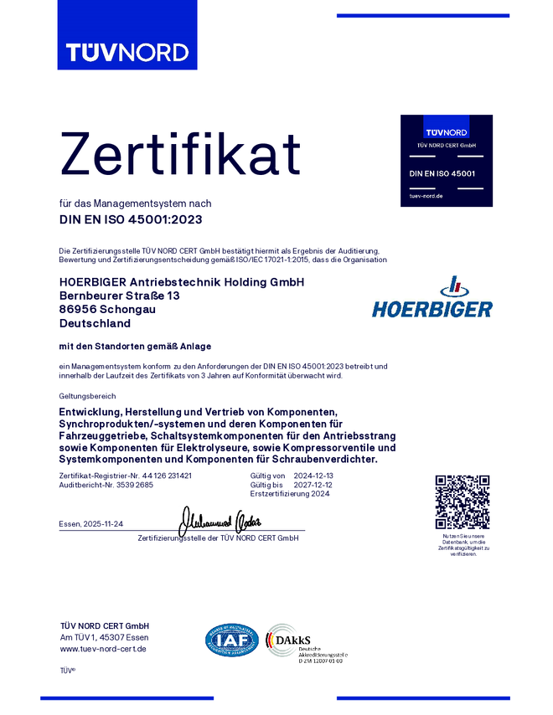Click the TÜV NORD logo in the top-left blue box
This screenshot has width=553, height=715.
coord(127,52)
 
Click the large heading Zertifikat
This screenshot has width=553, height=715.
coord(181,154)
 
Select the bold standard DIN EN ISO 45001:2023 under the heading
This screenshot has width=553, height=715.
coord(131,220)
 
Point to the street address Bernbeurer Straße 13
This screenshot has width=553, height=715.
coord(119,296)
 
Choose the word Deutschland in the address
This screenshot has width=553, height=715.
coord(95,322)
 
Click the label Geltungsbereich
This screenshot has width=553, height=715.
coord(87,395)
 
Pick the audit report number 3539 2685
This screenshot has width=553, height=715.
coord(135,485)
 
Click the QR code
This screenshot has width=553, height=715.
coord(463,502)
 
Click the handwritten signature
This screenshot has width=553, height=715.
coord(223,521)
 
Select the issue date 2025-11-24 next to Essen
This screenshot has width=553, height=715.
coord(103,524)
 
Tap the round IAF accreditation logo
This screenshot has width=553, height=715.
coord(232,641)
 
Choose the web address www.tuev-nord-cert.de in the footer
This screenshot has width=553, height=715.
coord(103,649)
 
